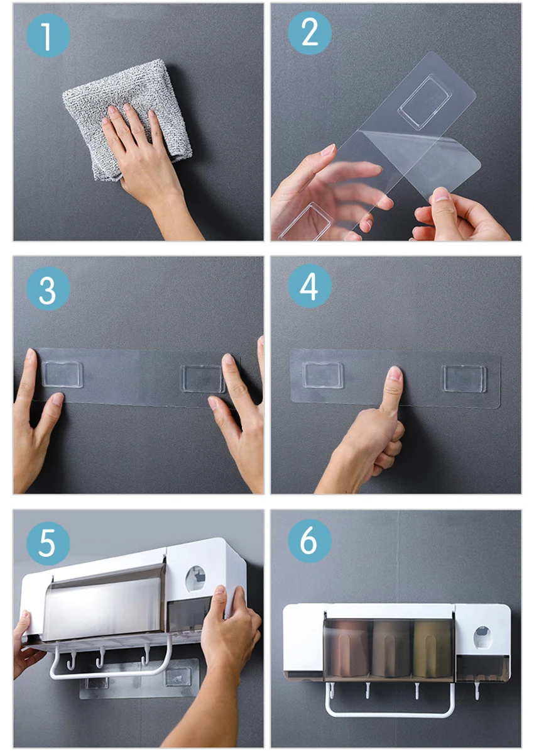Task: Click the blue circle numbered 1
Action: click(48, 35)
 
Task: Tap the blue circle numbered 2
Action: click(310, 33)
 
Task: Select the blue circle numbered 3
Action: click(48, 289)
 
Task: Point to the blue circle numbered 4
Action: click(310, 286)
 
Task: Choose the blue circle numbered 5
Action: click(48, 543)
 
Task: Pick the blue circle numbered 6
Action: click(310, 540)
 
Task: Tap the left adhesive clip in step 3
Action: click(62, 374)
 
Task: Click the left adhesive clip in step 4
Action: click(322, 374)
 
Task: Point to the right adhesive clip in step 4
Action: click(464, 379)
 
